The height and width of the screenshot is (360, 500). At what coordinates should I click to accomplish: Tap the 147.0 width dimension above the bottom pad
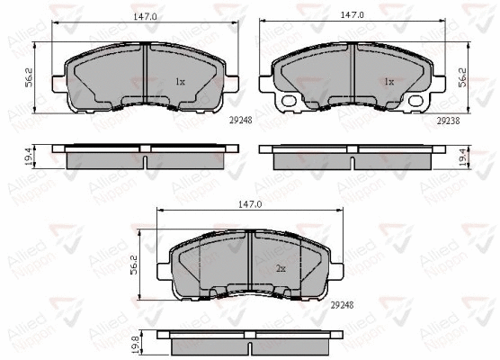pos(249,205)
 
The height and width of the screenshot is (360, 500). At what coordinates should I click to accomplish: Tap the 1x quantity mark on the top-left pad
pos(180,81)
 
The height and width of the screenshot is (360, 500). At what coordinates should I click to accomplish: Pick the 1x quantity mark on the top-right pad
pos(388,81)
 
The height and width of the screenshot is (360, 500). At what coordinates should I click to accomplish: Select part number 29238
pos(448,119)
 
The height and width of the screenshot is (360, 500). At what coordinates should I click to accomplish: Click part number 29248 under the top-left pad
pos(239,119)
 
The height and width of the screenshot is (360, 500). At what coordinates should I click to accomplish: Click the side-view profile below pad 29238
pos(353,156)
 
